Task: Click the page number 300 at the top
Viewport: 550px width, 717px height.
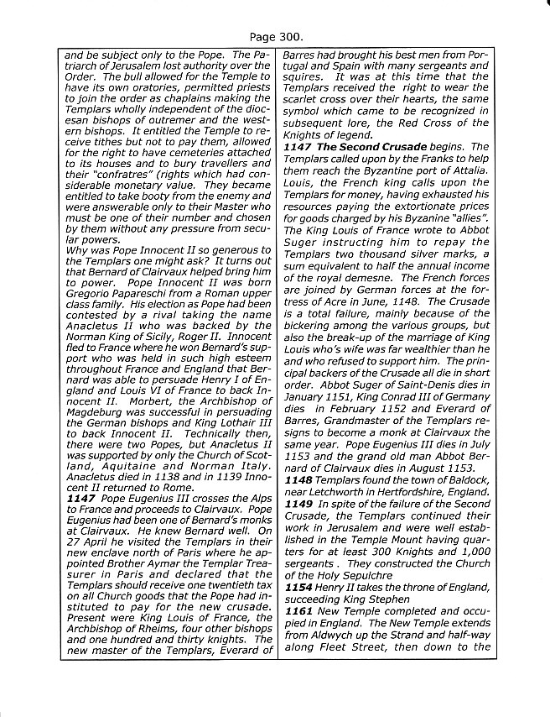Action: [x=288, y=37]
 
